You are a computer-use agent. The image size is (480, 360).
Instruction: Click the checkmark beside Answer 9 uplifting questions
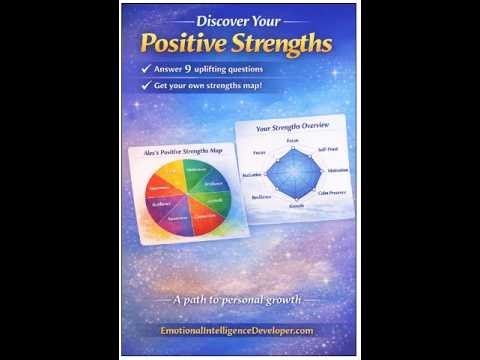[147, 70]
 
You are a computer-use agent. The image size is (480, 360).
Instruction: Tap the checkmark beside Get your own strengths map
[147, 88]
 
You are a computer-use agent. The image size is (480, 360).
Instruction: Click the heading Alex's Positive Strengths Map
[183, 151]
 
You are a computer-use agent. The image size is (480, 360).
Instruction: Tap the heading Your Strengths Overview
[291, 128]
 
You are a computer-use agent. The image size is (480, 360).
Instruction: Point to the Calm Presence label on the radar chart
[333, 191]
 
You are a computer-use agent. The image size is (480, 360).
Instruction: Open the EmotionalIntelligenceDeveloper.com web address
[239, 330]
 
